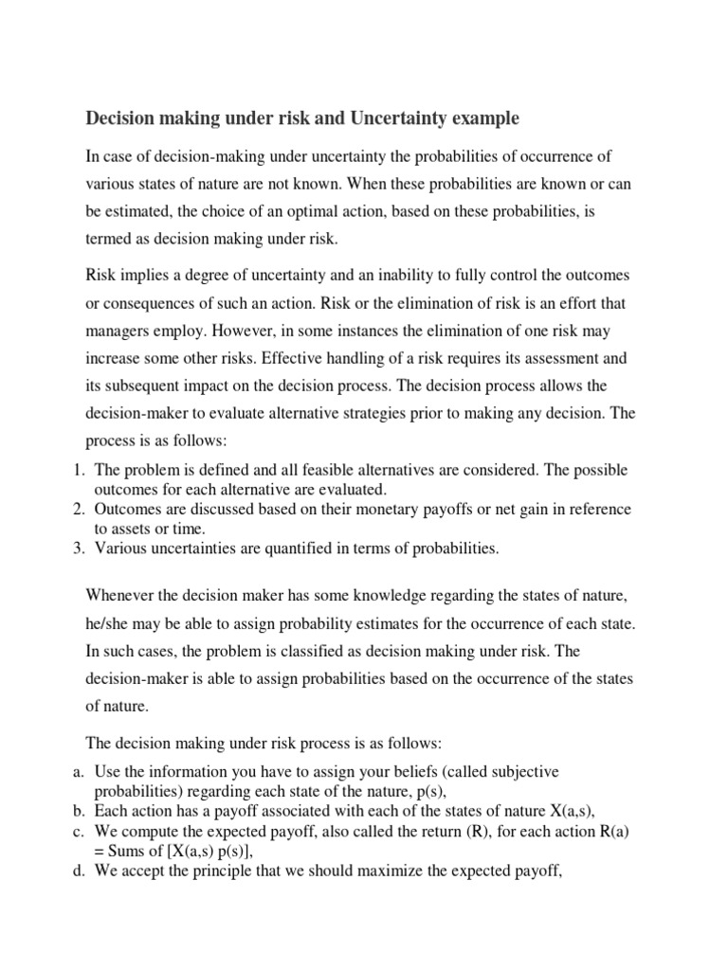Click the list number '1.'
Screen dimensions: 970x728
pyautogui.click(x=80, y=471)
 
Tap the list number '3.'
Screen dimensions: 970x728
pyautogui.click(x=80, y=548)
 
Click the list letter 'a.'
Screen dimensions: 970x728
pyautogui.click(x=80, y=773)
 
